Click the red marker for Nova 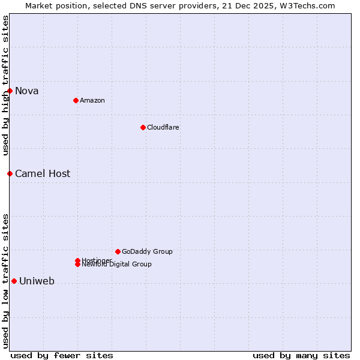10,91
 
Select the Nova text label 27,91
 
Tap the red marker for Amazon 76,100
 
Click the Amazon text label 92,100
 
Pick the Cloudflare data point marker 143,127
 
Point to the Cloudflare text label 163,127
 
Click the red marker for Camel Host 10,173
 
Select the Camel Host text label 43,174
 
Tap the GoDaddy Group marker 118,251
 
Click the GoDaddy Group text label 147,251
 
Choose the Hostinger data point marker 77,260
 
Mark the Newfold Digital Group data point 77,265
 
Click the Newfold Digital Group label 116,265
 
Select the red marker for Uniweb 14,281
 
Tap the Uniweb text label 37,281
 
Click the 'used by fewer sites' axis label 62,355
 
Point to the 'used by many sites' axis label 301,355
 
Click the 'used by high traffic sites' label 5,85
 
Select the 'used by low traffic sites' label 5,280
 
